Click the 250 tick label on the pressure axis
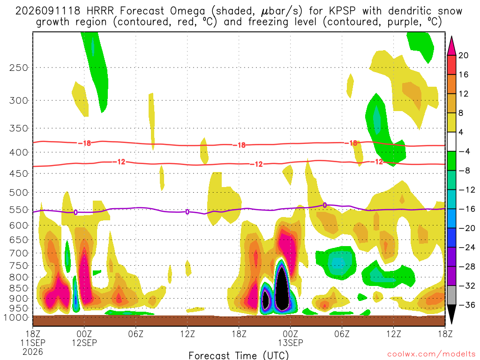(x=19, y=67)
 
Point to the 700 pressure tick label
(x=19, y=253)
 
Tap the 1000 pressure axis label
(x=16, y=317)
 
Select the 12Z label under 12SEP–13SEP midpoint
(x=187, y=333)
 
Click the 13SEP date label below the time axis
(x=291, y=343)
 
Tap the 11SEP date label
(x=33, y=343)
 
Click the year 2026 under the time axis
(x=33, y=352)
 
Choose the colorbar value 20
(x=463, y=55)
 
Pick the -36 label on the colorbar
(x=467, y=305)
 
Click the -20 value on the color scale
(x=467, y=228)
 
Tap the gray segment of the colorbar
(x=451, y=295)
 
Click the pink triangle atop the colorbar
(x=451, y=46)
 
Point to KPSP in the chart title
(x=342, y=11)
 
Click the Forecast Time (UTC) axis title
(x=239, y=355)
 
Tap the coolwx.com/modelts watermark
(x=431, y=354)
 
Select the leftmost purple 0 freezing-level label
(x=75, y=212)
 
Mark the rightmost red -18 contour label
(x=353, y=143)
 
